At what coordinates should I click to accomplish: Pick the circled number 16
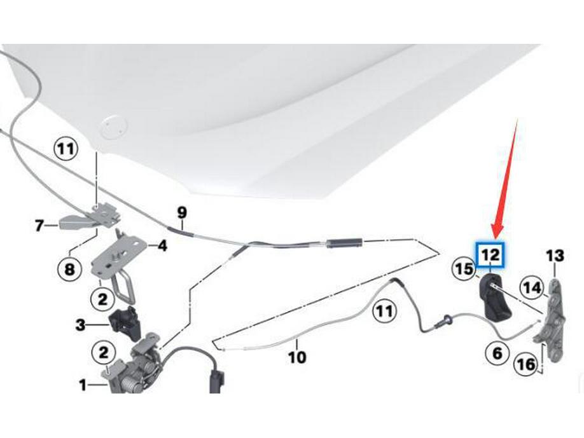pos(526,365)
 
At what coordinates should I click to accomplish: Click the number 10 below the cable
pos(296,357)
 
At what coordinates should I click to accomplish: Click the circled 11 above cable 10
pos(384,311)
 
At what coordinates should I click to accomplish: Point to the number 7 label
pos(39,224)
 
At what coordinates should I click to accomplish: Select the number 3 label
pos(80,325)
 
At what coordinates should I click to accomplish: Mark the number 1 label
pos(83,385)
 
